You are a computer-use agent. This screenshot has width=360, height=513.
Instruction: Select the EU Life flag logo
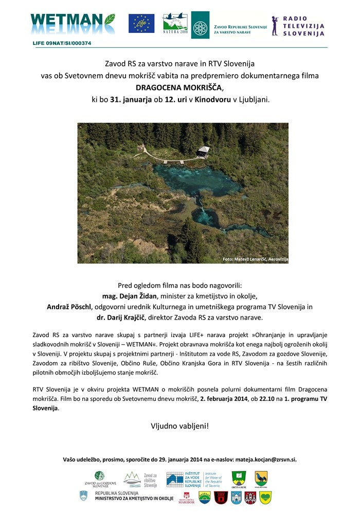[141, 23]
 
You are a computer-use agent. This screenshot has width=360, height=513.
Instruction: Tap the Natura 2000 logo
[175, 24]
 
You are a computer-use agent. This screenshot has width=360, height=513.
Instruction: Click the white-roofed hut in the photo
[204, 151]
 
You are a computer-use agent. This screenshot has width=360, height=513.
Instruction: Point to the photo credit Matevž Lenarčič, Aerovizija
[254, 259]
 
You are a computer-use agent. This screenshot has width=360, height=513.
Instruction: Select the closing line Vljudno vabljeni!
[179, 426]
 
